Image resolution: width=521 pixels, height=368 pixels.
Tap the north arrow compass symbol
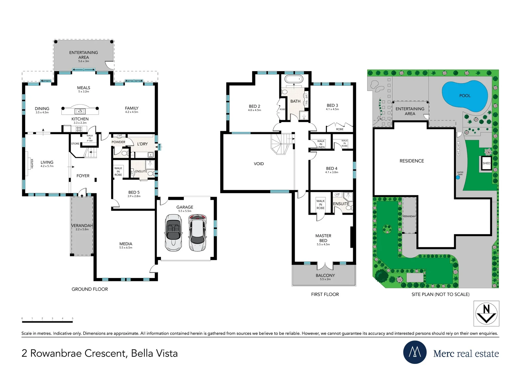(486, 313)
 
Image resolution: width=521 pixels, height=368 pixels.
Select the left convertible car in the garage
(173, 233)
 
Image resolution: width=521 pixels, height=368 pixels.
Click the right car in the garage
(197, 233)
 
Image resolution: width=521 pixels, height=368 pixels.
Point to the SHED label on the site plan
(486, 163)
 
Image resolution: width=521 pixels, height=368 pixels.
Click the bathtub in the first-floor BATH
(294, 79)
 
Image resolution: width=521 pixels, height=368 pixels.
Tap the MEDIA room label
(126, 244)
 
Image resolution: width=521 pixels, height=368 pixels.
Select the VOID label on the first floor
(259, 164)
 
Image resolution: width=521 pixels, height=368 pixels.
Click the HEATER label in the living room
(32, 164)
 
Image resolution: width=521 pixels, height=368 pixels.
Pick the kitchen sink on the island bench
(80, 111)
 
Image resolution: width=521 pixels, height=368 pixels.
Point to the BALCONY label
(325, 275)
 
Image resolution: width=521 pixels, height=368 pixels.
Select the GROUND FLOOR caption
(90, 289)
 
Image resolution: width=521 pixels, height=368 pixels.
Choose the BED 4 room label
(332, 168)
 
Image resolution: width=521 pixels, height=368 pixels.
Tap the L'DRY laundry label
(142, 144)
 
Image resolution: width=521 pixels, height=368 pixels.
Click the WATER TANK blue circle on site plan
(458, 178)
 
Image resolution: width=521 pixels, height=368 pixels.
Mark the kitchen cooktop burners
(79, 129)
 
